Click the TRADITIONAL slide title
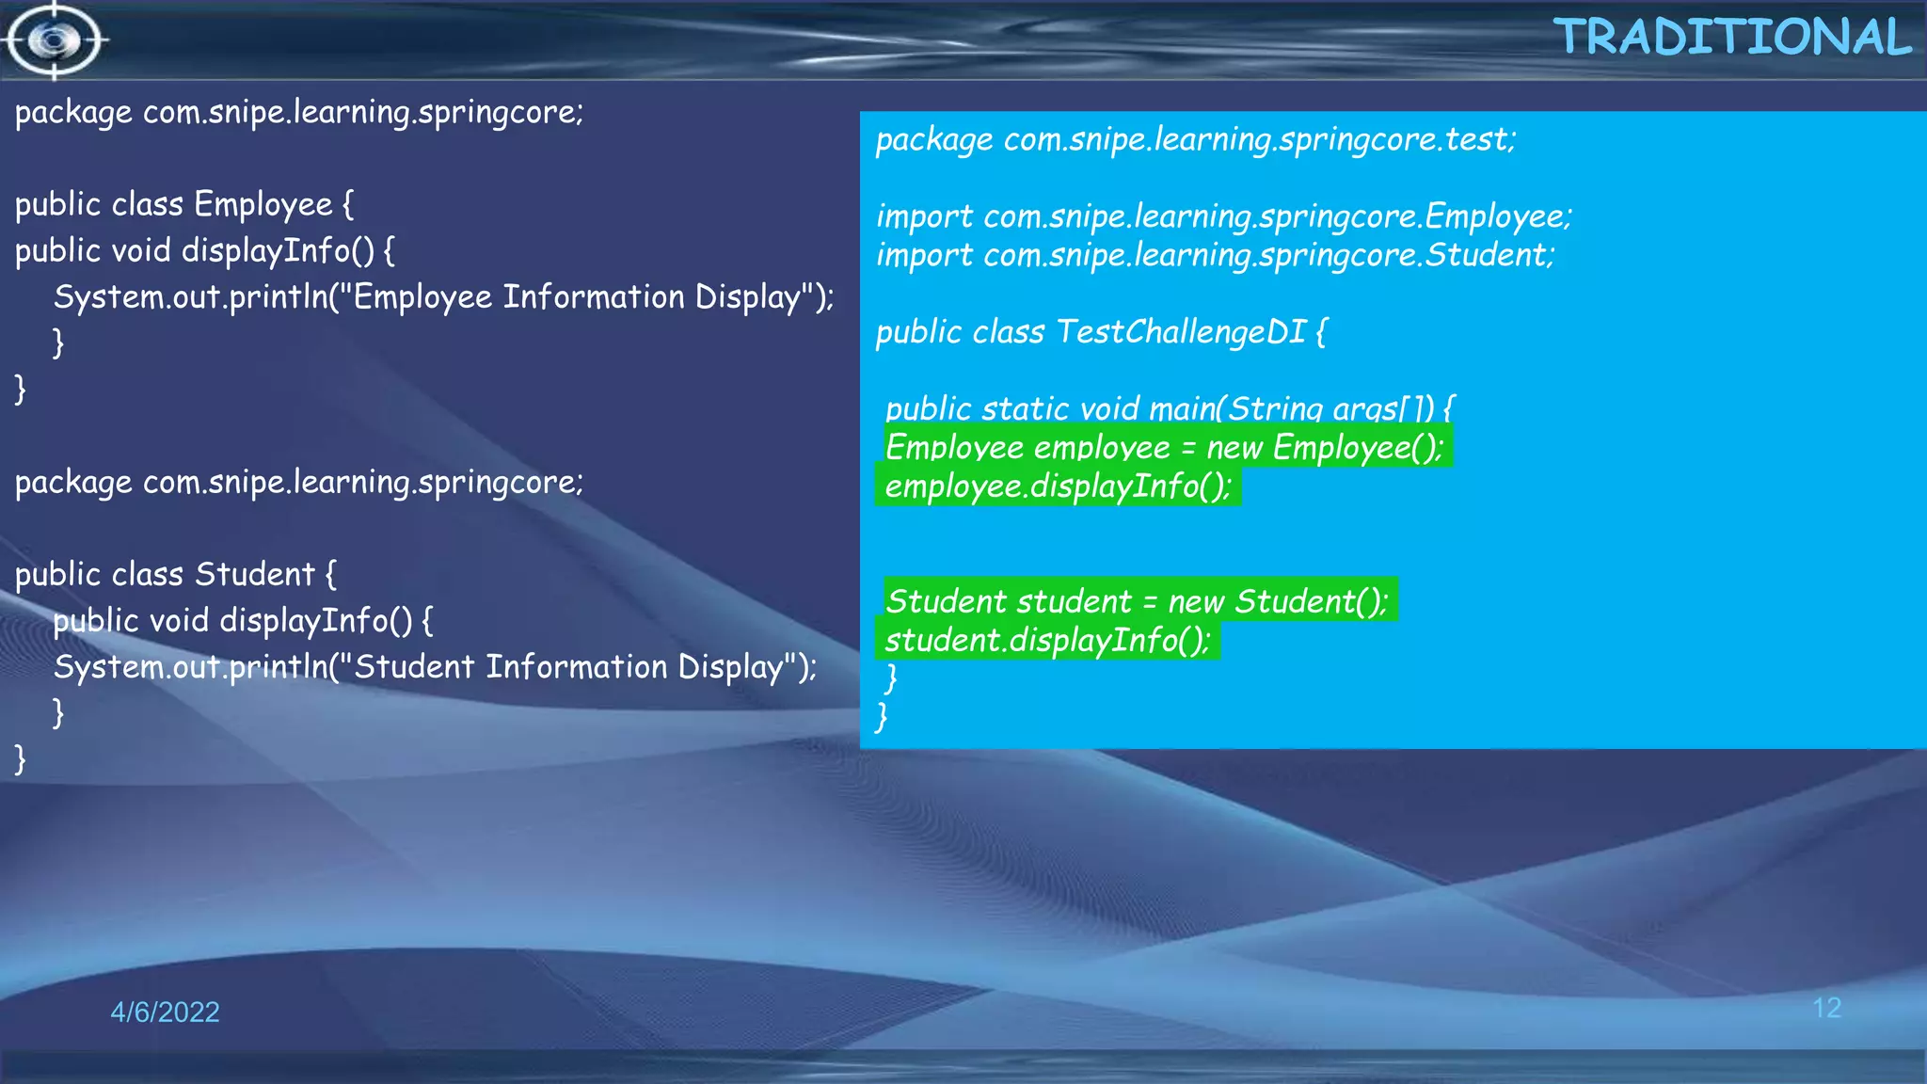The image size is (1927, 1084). tap(1732, 38)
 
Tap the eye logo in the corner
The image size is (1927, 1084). tap(55, 40)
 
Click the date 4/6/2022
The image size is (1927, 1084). tap(165, 1012)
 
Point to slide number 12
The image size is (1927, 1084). tap(1826, 1008)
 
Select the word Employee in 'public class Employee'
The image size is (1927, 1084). tap(263, 204)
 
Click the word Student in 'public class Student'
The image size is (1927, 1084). tap(254, 574)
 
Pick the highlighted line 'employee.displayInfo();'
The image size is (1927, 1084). tap(1058, 486)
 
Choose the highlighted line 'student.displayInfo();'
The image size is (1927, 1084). tap(1047, 640)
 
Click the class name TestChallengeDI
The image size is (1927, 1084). tap(1181, 331)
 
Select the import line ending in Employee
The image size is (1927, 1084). tap(1223, 216)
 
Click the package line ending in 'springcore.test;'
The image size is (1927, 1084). tap(1196, 139)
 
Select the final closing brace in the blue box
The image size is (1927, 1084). tap(882, 716)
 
